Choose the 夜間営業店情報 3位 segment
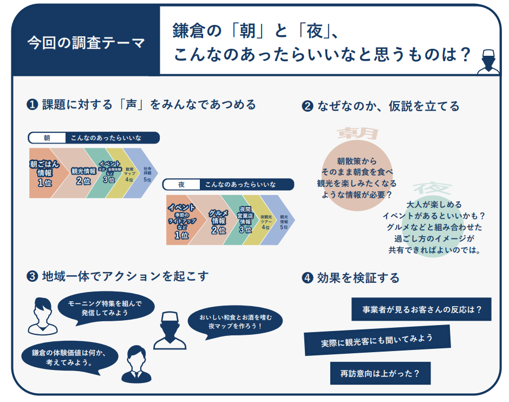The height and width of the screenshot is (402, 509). click(245, 221)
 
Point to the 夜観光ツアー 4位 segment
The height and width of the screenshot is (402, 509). click(266, 221)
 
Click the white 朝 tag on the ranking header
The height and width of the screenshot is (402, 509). click(47, 138)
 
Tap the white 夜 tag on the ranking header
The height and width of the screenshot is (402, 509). click(181, 185)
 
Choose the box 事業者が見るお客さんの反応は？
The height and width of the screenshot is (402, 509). click(421, 310)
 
